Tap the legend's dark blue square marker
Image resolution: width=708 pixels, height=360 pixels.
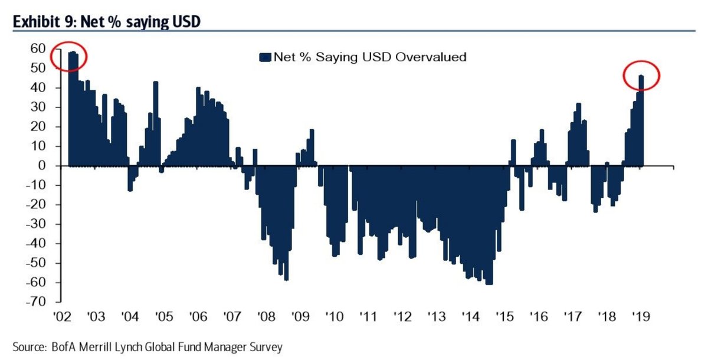(264, 57)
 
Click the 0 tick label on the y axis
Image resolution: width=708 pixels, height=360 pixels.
(42, 166)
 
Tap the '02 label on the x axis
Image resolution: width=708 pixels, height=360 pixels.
(63, 317)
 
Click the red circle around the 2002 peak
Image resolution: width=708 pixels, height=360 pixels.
(69, 57)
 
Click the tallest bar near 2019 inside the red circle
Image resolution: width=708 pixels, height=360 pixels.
(641, 118)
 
